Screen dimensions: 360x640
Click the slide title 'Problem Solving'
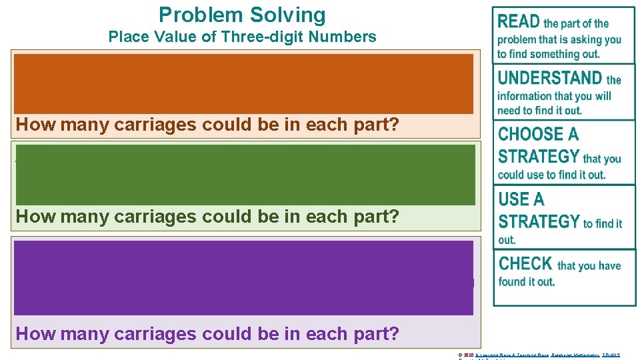242,15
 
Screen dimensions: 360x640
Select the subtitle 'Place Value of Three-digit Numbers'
242,37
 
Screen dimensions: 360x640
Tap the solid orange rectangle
243,83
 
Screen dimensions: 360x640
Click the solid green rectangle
245,175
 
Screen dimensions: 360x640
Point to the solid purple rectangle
243,277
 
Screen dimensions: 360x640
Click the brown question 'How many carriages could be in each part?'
207,125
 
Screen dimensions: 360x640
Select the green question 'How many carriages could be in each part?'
207,217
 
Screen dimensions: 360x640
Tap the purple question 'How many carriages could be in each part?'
207,333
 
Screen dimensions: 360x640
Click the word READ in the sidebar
519,21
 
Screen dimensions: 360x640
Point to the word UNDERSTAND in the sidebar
550,78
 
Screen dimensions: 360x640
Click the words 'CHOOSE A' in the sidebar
538,134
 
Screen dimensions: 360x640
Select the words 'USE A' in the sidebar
521,199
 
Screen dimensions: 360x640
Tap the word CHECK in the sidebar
525,263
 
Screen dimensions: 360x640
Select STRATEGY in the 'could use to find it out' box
539,157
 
